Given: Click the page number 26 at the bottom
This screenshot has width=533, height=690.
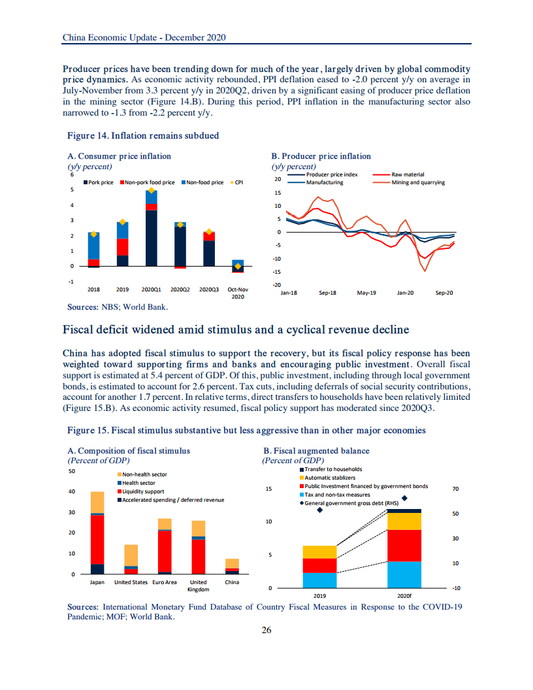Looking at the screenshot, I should click(x=266, y=631).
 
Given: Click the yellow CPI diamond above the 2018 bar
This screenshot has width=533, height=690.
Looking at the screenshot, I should click(x=93, y=234).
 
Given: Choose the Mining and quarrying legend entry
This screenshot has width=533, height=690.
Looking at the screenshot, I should click(x=418, y=182).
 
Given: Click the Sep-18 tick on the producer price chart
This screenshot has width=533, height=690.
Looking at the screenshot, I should click(x=327, y=293).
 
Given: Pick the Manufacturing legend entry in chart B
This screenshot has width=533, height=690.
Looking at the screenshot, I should click(x=325, y=182).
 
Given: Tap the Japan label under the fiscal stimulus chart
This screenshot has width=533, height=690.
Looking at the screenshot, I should click(x=97, y=582).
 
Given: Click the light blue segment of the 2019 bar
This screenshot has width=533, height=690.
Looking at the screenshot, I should click(x=319, y=580).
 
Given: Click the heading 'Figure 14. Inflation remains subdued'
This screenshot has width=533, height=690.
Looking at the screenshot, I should click(x=143, y=136).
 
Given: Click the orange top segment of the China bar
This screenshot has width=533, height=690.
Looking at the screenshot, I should click(x=232, y=563).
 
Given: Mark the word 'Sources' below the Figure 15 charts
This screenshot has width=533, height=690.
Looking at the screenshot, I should click(x=84, y=607).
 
